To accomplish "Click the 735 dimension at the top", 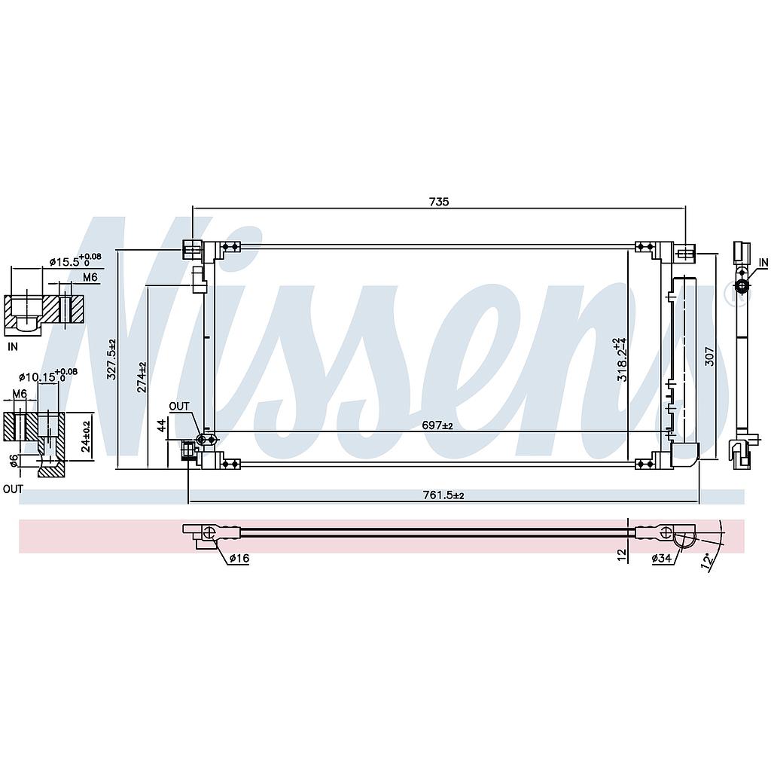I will pyautogui.click(x=439, y=201).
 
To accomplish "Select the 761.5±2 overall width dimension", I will pyautogui.click(x=443, y=495).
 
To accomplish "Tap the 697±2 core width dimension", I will pyautogui.click(x=437, y=425).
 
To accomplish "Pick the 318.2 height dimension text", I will pyautogui.click(x=622, y=360).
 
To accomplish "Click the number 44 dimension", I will pyautogui.click(x=160, y=426).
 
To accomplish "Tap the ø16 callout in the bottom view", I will pyautogui.click(x=239, y=558).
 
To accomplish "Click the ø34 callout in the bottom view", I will pyautogui.click(x=663, y=558).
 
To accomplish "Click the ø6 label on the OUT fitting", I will pyautogui.click(x=11, y=459).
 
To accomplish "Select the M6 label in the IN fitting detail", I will pyautogui.click(x=90, y=278).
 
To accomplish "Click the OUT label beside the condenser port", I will pyautogui.click(x=179, y=407).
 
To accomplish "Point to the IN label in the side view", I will pyautogui.click(x=763, y=262).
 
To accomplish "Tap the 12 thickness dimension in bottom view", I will pyautogui.click(x=621, y=554).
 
